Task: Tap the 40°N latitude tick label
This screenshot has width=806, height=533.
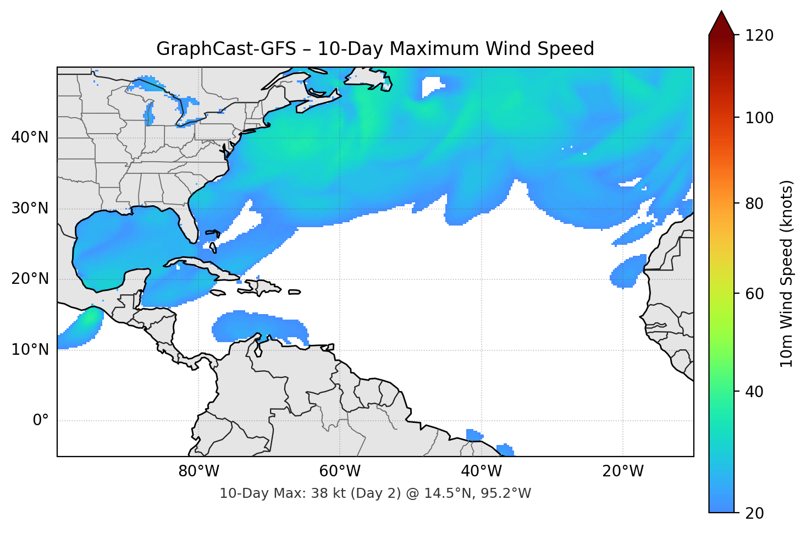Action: click(x=30, y=137)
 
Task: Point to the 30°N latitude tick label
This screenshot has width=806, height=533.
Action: click(x=30, y=208)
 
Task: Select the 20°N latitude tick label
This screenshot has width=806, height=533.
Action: click(x=30, y=279)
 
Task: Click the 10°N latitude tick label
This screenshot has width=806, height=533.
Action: click(x=30, y=350)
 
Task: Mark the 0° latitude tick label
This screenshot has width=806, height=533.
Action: click(x=41, y=421)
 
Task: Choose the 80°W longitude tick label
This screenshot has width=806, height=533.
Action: click(x=198, y=471)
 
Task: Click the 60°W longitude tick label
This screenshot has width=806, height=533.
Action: click(x=340, y=471)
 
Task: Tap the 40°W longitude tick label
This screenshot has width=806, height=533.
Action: click(x=481, y=471)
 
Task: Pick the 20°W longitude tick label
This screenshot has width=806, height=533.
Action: click(x=622, y=471)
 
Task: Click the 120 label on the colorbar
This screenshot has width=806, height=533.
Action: click(x=759, y=35)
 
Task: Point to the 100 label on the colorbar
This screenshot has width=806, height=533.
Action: click(x=759, y=118)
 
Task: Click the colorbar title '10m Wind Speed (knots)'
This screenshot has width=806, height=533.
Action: click(x=787, y=273)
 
